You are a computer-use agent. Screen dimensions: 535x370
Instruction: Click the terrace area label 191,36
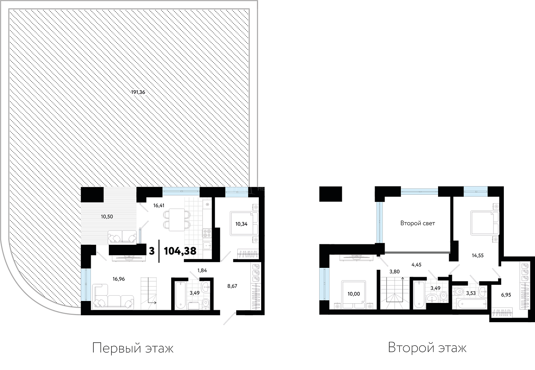pos(138,92)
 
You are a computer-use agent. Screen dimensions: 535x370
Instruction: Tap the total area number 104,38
pos(180,251)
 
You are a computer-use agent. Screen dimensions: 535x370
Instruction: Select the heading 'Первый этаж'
pos(133,348)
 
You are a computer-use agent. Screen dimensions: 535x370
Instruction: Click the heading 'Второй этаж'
pos(427,348)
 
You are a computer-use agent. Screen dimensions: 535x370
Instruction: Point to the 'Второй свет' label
pos(417,223)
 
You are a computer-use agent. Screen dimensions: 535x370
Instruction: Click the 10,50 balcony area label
pos(107,217)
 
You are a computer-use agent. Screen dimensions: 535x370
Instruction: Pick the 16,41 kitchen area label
pos(159,205)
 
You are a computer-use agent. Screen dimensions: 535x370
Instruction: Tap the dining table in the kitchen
pos(177,220)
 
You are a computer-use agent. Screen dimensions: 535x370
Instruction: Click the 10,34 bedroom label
pos(242,224)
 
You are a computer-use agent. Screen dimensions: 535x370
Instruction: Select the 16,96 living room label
pos(119,279)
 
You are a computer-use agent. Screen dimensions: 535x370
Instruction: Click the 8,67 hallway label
pos(232,286)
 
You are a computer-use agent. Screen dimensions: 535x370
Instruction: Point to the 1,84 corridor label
pos(202,271)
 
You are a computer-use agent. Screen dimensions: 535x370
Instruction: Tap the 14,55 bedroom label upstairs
pos(478,256)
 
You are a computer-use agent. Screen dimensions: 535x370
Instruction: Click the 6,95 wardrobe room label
pos(506,295)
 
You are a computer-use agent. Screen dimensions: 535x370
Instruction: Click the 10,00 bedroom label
pos(354,294)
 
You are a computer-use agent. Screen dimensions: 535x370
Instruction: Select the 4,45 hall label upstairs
pos(416,265)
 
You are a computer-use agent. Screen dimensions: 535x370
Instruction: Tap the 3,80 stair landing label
pos(395,272)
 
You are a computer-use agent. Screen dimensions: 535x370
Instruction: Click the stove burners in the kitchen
pos(207,233)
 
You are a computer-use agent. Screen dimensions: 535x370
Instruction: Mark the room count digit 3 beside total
pos(152,251)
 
